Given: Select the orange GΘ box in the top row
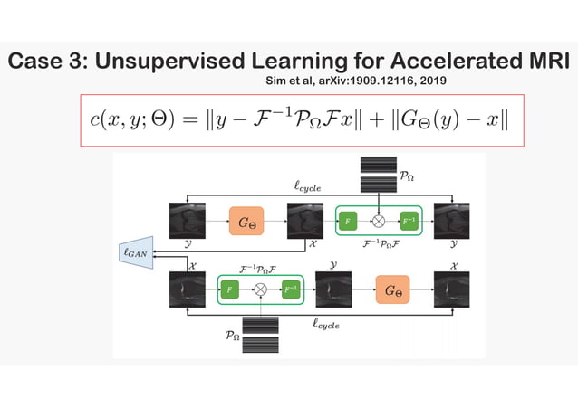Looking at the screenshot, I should pos(246,221).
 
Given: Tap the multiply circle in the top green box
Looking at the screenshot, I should pos(380,221).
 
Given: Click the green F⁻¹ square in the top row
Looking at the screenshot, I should pos(409,221).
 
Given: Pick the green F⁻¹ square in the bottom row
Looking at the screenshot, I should pos(290,289).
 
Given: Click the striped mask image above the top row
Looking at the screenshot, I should pos(379,174).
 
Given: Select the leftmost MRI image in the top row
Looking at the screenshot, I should pos(188,221).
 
